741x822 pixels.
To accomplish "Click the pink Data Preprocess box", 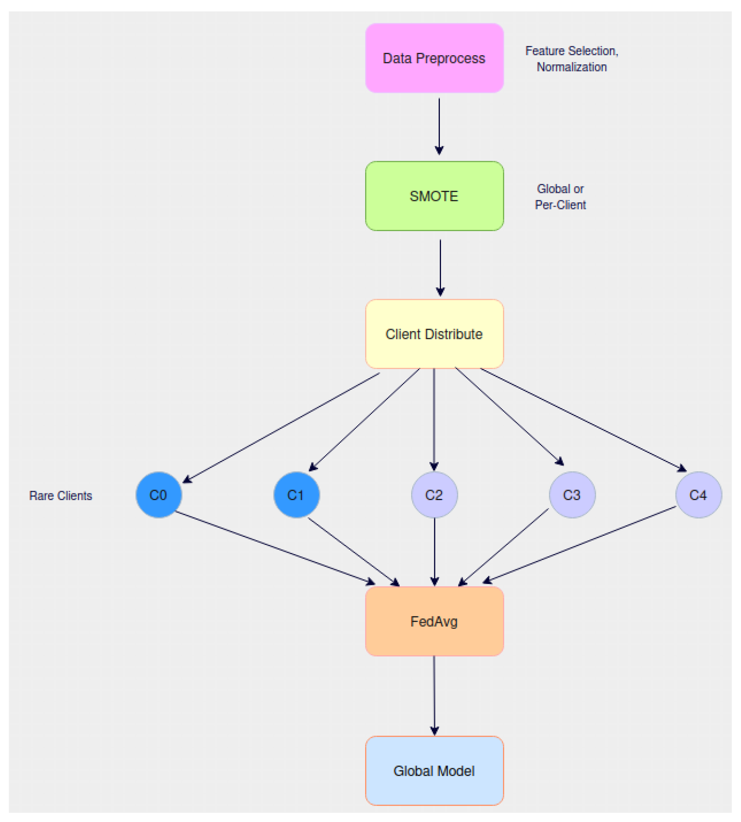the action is pos(434,58).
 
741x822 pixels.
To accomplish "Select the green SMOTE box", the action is pos(434,196).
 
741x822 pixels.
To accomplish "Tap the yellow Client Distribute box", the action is pos(434,334).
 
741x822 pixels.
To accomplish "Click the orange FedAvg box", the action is pos(434,621).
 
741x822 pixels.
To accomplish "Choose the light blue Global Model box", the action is pos(434,771).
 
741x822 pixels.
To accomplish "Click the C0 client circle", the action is pos(159,495).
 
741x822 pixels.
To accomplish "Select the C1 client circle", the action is pos(296,495).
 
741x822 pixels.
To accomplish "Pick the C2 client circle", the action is pos(434,495).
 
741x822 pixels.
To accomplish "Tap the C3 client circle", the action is pos(572,495).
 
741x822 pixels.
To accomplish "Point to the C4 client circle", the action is pos(699,495).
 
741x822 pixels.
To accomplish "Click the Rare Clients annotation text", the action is pos(61,496).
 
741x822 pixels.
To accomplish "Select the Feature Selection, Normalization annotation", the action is pos(571,59).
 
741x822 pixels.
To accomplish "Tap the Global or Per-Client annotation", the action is pos(560,197).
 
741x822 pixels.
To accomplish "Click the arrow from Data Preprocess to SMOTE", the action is pos(439,126).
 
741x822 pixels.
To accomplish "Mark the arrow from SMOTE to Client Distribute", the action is pos(440,267).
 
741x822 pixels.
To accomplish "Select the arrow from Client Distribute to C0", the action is pos(281,428).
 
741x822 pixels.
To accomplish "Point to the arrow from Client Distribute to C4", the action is pos(584,420).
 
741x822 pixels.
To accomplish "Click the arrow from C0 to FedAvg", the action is pos(275,548).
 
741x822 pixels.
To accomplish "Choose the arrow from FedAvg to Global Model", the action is pos(434,696).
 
